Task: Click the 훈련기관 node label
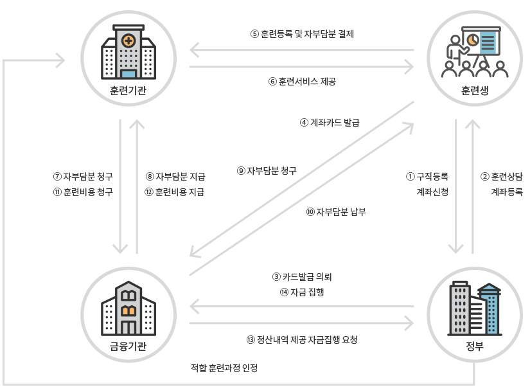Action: point(128,90)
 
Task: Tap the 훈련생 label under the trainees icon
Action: point(475,91)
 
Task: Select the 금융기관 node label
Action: point(128,348)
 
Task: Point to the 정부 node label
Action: point(475,348)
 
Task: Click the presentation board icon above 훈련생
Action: point(475,51)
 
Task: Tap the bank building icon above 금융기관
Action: point(128,308)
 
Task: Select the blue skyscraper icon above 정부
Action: point(475,308)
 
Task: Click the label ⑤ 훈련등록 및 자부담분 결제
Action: point(302,34)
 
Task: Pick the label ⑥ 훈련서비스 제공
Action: point(302,82)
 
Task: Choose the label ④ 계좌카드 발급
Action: point(330,122)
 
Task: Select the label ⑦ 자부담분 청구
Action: point(83,175)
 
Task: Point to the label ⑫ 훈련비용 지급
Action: point(175,192)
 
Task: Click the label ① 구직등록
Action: point(427,175)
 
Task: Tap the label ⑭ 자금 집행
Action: point(302,292)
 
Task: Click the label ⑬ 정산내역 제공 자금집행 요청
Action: point(302,339)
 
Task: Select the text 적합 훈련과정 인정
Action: point(224,368)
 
